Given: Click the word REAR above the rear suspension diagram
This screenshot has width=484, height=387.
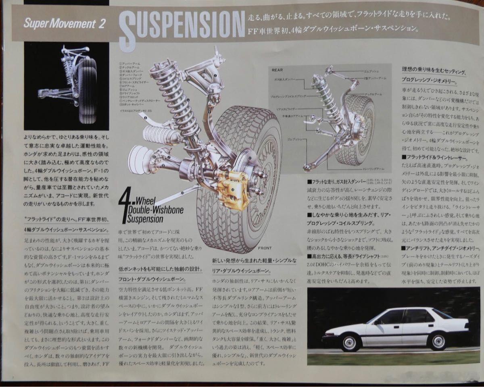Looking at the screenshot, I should point(277,69).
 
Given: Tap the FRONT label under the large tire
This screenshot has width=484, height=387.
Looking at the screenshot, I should point(264,248).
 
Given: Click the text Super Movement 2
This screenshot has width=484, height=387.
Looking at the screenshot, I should point(65,23).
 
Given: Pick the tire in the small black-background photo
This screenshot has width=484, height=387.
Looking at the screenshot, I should point(87,91).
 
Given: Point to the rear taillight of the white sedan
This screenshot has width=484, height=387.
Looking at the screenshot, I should point(466,323).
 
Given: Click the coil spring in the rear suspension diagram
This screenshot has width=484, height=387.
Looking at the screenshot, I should point(326,99).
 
